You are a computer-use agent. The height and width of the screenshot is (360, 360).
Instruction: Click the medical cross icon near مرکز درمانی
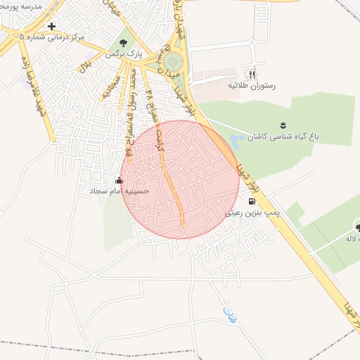tap(52, 26)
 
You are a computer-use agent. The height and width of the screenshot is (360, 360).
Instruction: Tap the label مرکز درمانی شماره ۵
tap(53, 36)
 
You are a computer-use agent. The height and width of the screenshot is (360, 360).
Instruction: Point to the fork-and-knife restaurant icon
tap(251, 75)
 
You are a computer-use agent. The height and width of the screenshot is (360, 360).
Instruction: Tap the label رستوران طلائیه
tap(251, 85)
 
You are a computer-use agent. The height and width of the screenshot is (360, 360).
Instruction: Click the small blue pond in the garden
tap(237, 139)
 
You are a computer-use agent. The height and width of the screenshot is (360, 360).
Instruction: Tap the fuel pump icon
tap(252, 201)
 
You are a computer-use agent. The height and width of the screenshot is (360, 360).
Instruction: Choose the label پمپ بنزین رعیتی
tap(252, 212)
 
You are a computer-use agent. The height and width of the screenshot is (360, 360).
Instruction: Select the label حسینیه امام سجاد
tap(117, 191)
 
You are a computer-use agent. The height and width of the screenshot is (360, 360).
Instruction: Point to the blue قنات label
tap(229, 314)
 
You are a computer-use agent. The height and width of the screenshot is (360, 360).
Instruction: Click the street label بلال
tap(85, 65)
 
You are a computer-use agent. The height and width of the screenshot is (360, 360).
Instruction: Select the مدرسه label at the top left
tap(21, 6)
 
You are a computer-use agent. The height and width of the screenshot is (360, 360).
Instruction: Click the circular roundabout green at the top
tap(172, 62)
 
